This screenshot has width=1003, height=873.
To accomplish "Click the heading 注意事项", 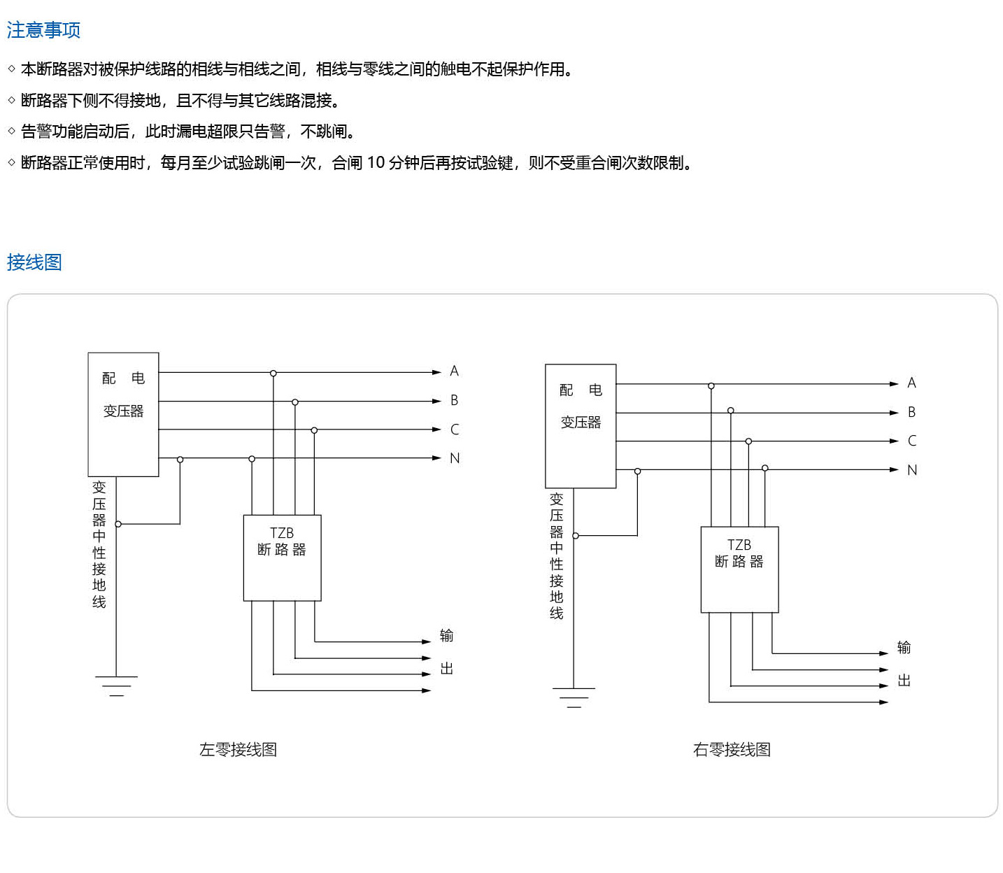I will point(43,30).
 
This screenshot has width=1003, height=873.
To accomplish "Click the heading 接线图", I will point(34,262).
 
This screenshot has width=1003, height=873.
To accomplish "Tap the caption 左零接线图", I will point(238,750).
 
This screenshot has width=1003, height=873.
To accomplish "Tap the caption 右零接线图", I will point(732,750).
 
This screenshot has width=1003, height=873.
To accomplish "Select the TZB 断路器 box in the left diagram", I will point(282,558).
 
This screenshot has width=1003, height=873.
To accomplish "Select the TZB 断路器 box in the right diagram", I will point(739,569).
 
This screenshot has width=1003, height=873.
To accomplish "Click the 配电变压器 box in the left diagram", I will point(123,414).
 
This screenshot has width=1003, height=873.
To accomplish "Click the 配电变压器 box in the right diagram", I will point(581,425).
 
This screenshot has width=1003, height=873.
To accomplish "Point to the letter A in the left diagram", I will point(454,371).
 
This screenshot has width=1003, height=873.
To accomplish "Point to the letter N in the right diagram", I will point(912,470).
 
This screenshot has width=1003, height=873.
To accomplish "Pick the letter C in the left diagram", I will point(455,430).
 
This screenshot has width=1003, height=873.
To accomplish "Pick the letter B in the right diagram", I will point(911,412).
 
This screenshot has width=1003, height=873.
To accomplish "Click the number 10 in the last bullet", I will point(376,163).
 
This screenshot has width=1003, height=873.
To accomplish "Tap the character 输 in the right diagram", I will point(904,648).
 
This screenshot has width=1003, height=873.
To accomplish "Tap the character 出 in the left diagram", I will point(447,669).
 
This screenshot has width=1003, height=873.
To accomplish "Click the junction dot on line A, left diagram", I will point(273,374).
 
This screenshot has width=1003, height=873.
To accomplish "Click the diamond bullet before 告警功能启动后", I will point(12,132).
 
